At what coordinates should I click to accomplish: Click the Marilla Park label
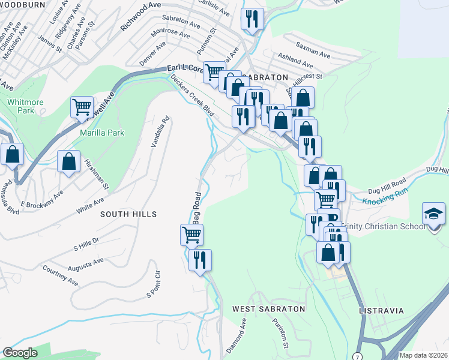[x=102, y=133]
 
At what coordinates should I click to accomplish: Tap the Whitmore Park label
[x=26, y=106]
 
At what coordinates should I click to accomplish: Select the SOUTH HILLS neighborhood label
[x=128, y=214]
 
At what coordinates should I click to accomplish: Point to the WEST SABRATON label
[x=269, y=309]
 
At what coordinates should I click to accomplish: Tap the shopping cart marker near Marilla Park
[x=82, y=107]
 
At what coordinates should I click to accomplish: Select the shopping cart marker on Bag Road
[x=191, y=234]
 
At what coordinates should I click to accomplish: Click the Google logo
[x=20, y=353]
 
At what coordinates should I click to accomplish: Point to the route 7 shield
[x=358, y=356]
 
